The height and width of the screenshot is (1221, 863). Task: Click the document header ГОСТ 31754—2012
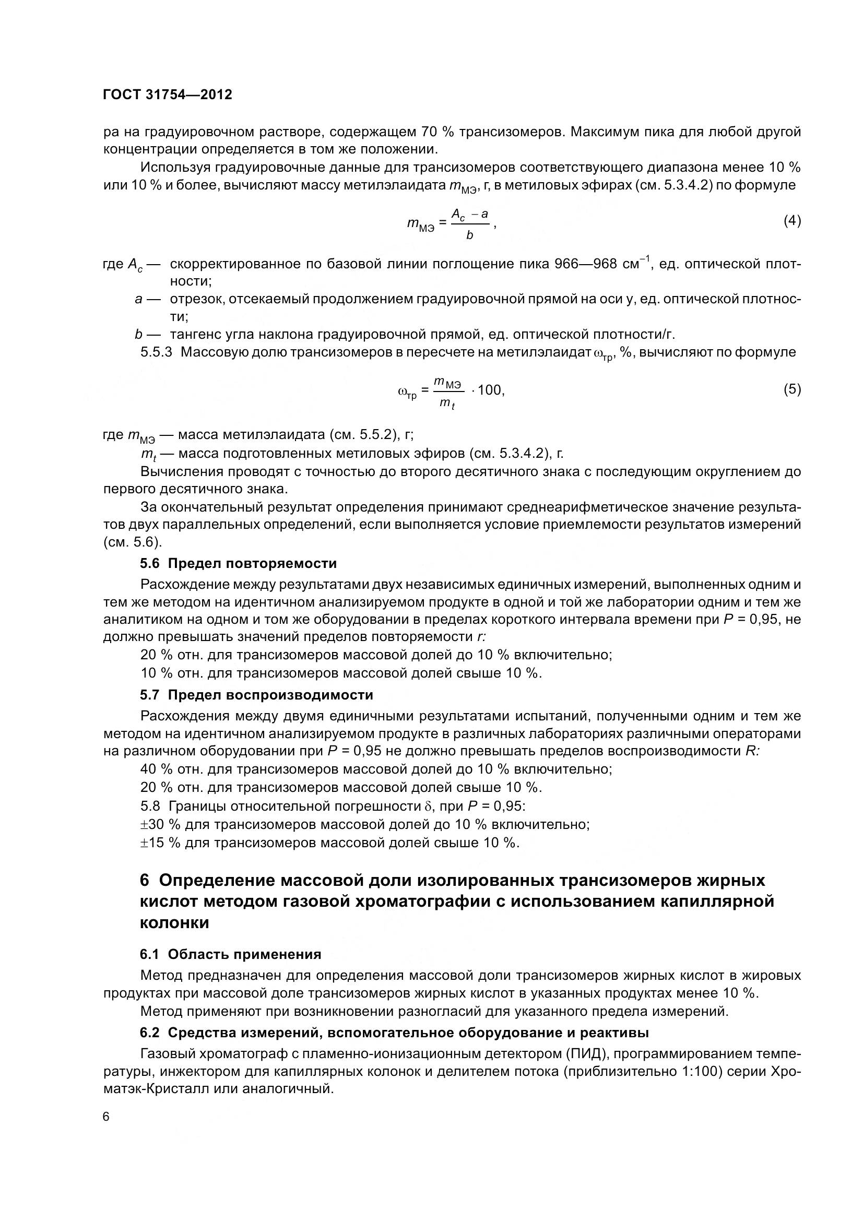coord(168,95)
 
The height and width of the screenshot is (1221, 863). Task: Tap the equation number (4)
coord(792,221)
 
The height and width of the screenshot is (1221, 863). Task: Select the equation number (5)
coord(792,389)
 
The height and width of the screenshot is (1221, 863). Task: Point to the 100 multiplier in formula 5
coord(489,390)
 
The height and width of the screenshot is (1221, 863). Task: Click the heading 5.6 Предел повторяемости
coord(238,563)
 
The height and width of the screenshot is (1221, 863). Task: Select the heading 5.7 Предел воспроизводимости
coord(256,695)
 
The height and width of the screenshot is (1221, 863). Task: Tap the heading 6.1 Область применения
coord(230,969)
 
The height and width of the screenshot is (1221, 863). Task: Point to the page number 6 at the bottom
coord(106,1132)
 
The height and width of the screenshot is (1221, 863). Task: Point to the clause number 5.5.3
coord(156,352)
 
